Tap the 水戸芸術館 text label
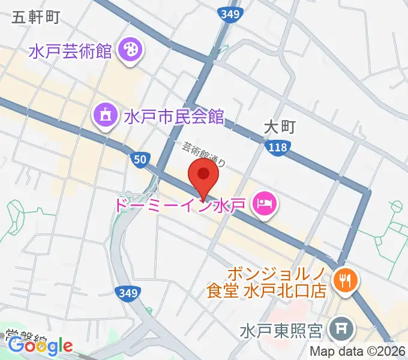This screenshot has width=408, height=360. tap(70, 50)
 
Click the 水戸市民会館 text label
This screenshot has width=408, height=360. tap(173, 116)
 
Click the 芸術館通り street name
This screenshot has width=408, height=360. tap(205, 154)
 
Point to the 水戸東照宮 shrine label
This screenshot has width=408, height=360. tap(282, 331)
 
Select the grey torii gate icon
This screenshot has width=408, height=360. tap(344, 328)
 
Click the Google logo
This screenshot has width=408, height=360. tap(40, 346)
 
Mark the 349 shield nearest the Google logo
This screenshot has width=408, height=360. tap(127, 292)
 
